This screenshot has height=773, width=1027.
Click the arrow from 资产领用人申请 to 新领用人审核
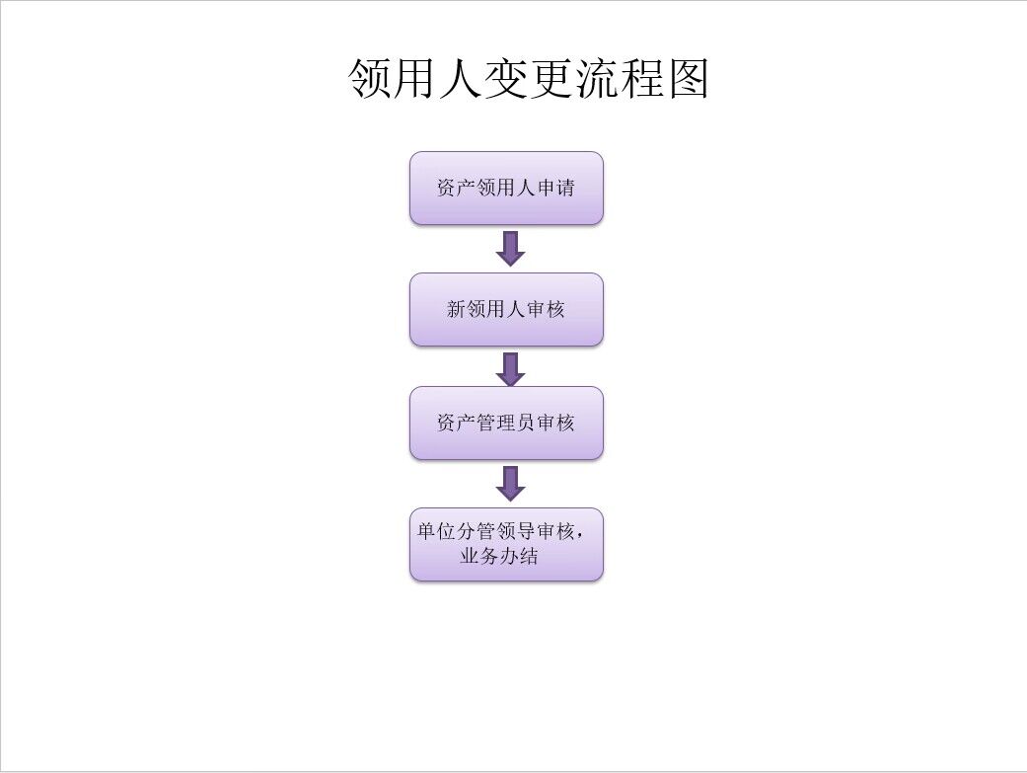[x=510, y=249]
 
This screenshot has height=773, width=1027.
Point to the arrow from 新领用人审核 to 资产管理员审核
[x=510, y=369]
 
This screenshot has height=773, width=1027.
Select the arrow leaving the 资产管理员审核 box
[x=510, y=483]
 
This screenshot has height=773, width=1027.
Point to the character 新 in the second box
[x=457, y=310]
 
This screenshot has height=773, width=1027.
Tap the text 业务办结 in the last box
[x=499, y=556]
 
